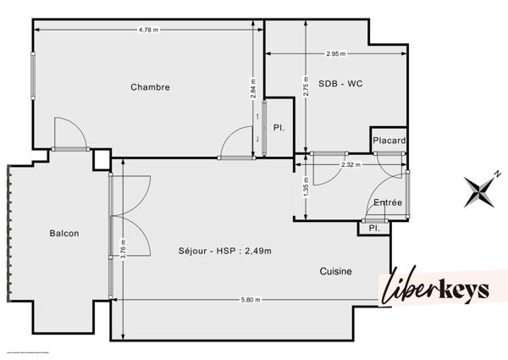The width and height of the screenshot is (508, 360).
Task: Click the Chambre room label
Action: click(x=150, y=87)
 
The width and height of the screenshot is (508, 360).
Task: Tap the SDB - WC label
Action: click(x=340, y=84)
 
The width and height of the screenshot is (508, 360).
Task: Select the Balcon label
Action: click(x=64, y=233)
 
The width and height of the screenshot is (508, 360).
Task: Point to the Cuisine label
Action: click(x=335, y=271)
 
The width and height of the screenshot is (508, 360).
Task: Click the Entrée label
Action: click(x=388, y=202)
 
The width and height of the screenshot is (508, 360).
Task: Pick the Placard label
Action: click(x=389, y=141)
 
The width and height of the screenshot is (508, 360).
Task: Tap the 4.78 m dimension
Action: click(x=148, y=30)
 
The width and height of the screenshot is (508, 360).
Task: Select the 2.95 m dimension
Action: click(x=336, y=54)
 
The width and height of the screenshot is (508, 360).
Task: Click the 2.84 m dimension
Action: click(x=253, y=90)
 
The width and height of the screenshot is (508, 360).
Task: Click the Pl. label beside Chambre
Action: click(x=278, y=128)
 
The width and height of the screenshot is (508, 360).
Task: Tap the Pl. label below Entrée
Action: click(x=373, y=228)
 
